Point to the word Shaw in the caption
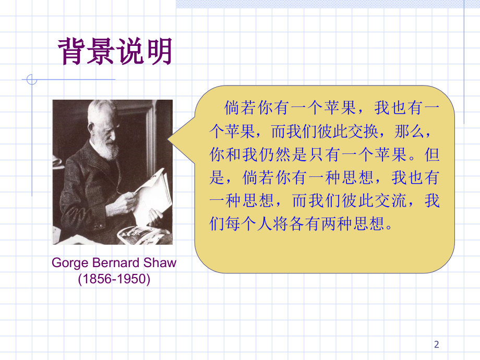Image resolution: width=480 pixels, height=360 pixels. tap(160, 262)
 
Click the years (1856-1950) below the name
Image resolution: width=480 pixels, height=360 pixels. tap(114, 279)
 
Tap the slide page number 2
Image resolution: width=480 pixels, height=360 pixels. tap(437, 344)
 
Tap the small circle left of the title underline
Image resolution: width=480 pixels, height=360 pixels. tap(32, 80)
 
